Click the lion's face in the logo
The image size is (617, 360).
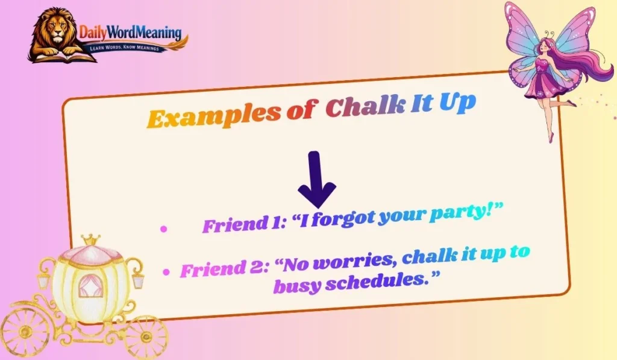[53, 31]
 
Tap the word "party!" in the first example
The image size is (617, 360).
[464, 212]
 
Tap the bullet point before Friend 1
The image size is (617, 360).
[163, 229]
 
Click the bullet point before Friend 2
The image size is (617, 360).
[167, 272]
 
